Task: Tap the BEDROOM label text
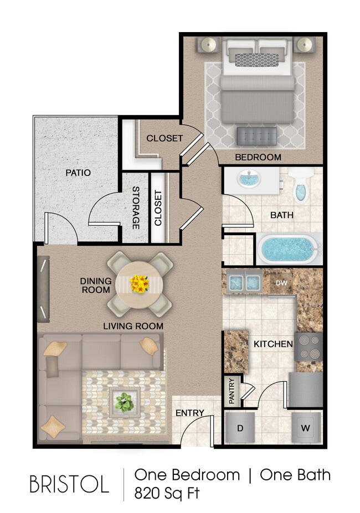point(258,157)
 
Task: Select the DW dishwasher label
point(281,283)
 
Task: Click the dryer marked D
point(240,428)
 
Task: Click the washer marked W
point(306,428)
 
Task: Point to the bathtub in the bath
point(289,250)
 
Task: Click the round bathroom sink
point(249,180)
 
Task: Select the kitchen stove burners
point(309,346)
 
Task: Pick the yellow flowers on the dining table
point(140,284)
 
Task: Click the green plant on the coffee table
point(125,402)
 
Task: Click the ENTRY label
point(190,413)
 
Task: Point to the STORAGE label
point(135,208)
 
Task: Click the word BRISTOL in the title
point(69,484)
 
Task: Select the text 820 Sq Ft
point(167,493)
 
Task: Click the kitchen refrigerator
point(305,390)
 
